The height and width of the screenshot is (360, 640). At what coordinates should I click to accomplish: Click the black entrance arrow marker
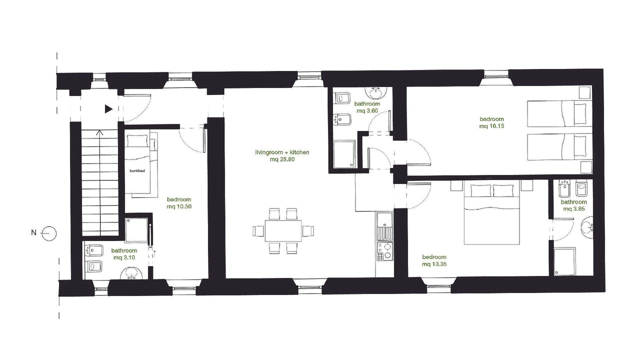(108, 109)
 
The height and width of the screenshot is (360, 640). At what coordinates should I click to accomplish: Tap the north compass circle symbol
(49, 233)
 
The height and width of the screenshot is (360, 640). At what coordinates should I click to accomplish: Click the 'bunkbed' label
(137, 171)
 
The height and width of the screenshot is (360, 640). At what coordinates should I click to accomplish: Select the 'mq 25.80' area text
(282, 159)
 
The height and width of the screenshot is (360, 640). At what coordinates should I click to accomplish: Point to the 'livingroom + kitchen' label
(282, 152)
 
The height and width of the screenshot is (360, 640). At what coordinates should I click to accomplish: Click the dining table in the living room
(283, 230)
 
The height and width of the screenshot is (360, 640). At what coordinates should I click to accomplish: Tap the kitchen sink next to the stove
(384, 226)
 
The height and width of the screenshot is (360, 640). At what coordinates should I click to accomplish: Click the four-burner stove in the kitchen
(384, 251)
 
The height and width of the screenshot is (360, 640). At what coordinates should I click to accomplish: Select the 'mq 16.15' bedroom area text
(491, 126)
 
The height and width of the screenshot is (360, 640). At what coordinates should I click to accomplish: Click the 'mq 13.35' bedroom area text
(434, 264)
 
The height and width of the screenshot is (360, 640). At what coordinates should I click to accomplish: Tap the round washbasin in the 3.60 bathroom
(376, 92)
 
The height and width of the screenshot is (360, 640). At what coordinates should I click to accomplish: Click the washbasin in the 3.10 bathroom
(131, 273)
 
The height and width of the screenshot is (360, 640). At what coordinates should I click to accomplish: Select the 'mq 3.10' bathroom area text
(124, 257)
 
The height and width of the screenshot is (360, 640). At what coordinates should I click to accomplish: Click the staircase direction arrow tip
(99, 130)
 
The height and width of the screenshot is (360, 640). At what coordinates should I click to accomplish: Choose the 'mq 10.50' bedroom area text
(179, 206)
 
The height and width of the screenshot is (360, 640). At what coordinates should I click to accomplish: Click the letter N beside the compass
(33, 233)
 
